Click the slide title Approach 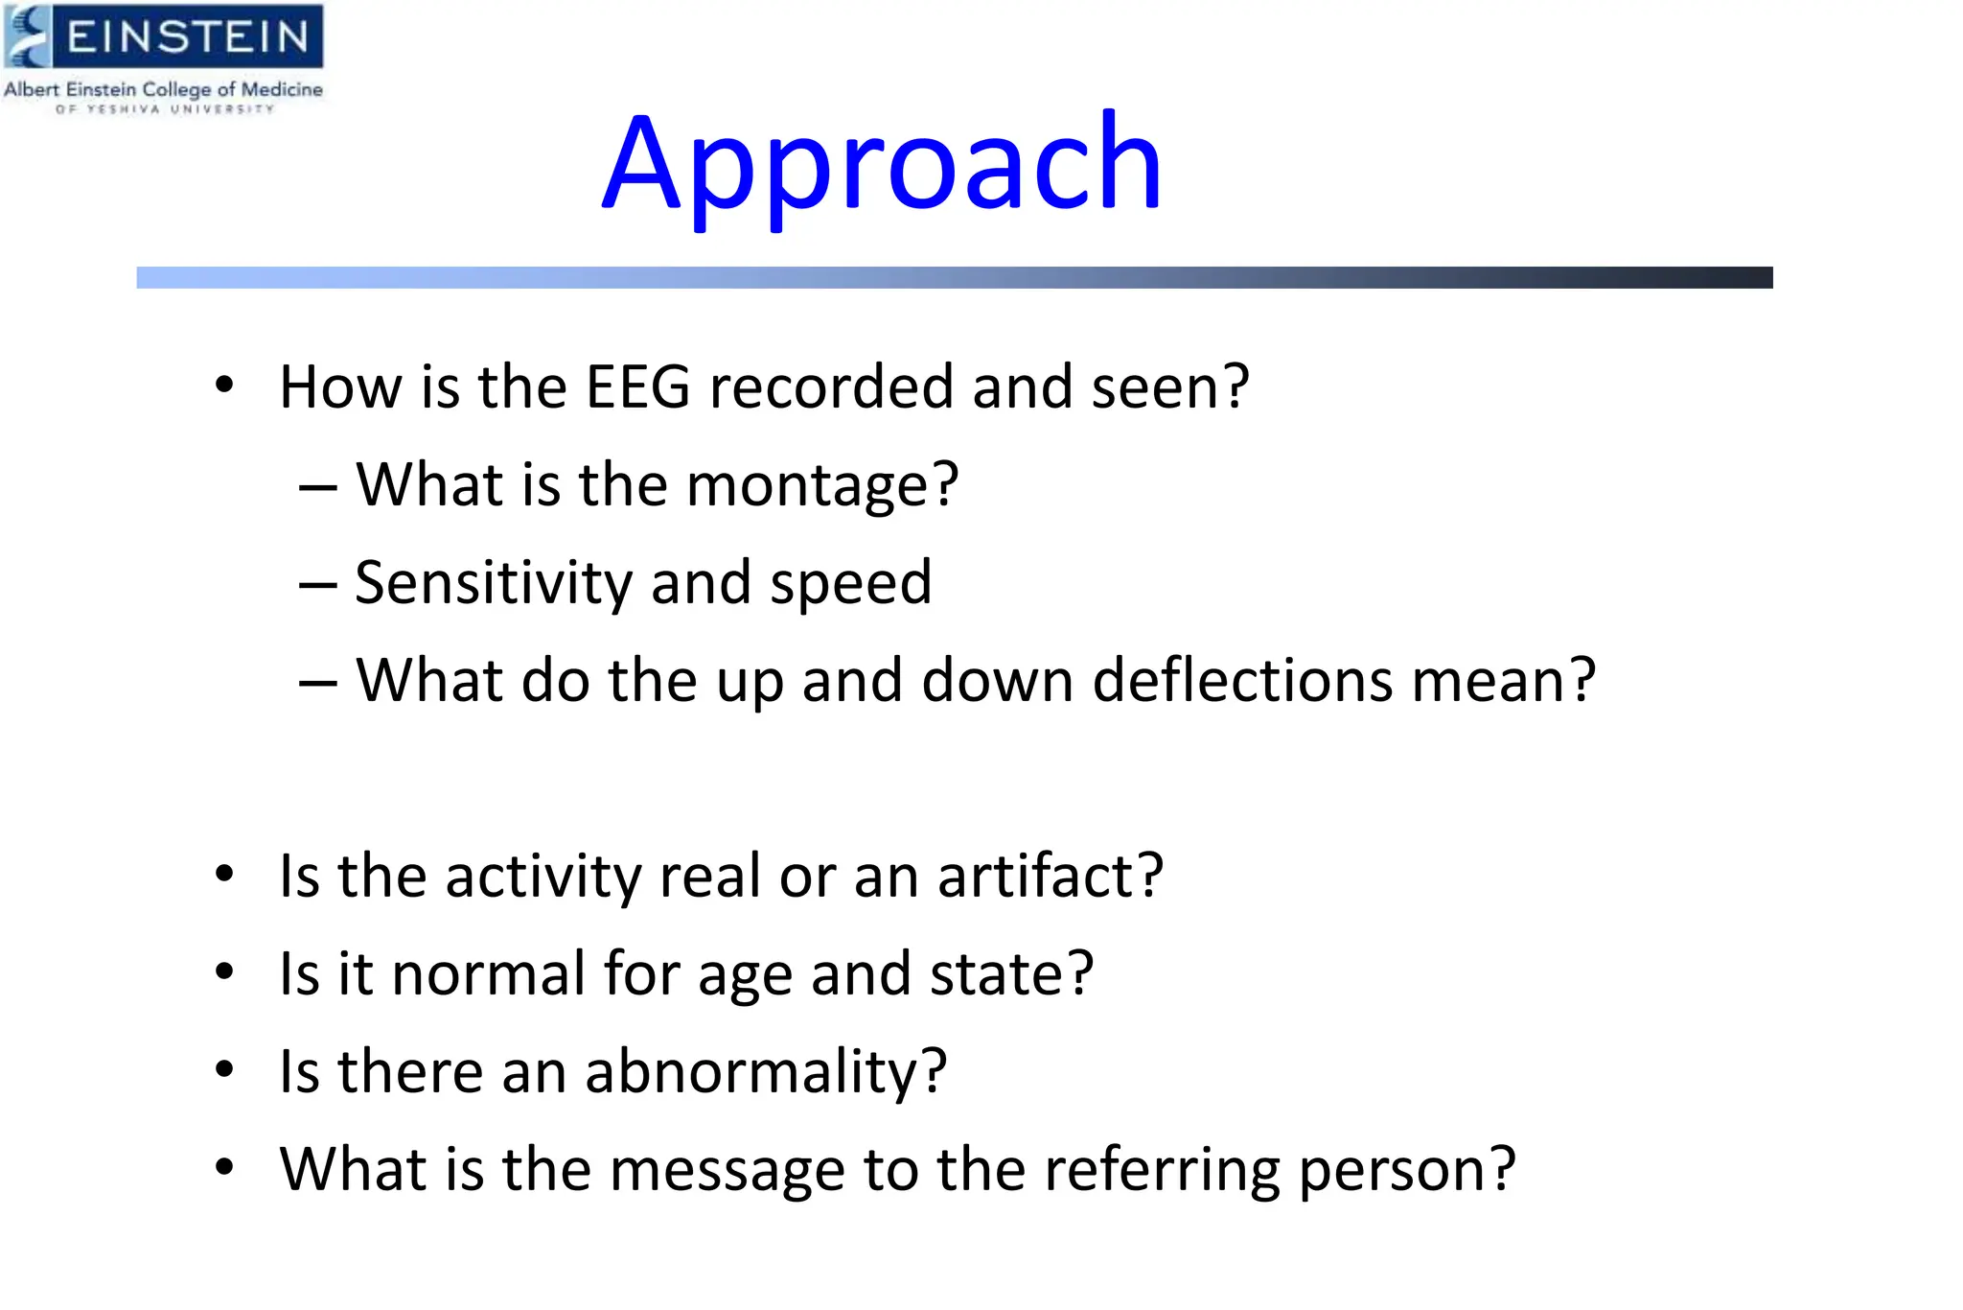pos(882,165)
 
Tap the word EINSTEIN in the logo pos(188,36)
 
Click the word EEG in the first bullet pos(637,386)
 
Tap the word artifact pos(1050,876)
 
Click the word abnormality pos(765,1071)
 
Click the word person pos(1406,1170)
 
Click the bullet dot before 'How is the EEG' pos(224,386)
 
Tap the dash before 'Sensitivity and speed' pos(317,584)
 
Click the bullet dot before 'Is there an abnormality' pos(224,1069)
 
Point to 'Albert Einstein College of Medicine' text pos(163,89)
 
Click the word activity pos(543,876)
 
